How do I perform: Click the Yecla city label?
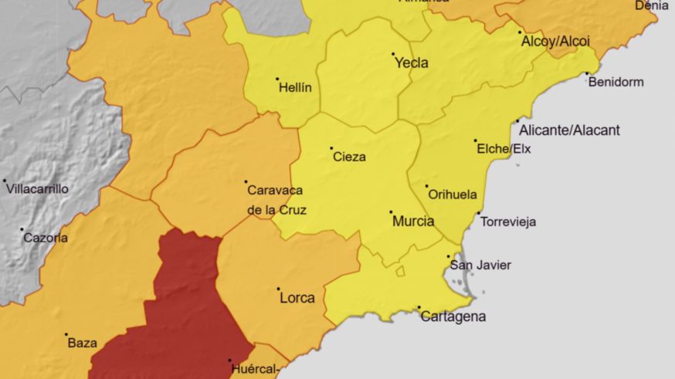pos(412,63)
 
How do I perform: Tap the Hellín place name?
pos(295,88)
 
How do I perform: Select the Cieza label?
pos(349,157)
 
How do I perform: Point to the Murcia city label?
pos(413,221)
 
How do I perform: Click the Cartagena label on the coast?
pos(453,316)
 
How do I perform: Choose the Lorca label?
pos(297,298)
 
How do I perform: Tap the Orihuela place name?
pos(453,195)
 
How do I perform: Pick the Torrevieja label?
pos(507,222)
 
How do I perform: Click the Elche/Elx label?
pos(504,149)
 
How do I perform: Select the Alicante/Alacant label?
pos(569,130)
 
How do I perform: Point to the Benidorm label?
pos(616,82)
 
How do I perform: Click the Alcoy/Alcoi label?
pos(555,41)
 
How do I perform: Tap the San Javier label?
pos(480,265)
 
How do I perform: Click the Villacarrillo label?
pos(38,189)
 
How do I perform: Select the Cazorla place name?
pos(46,238)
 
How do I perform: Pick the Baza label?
pos(83,343)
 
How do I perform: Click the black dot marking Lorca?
pos(278,289)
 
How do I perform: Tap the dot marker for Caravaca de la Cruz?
pos(246,182)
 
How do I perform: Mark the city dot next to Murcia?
pos(391,212)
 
